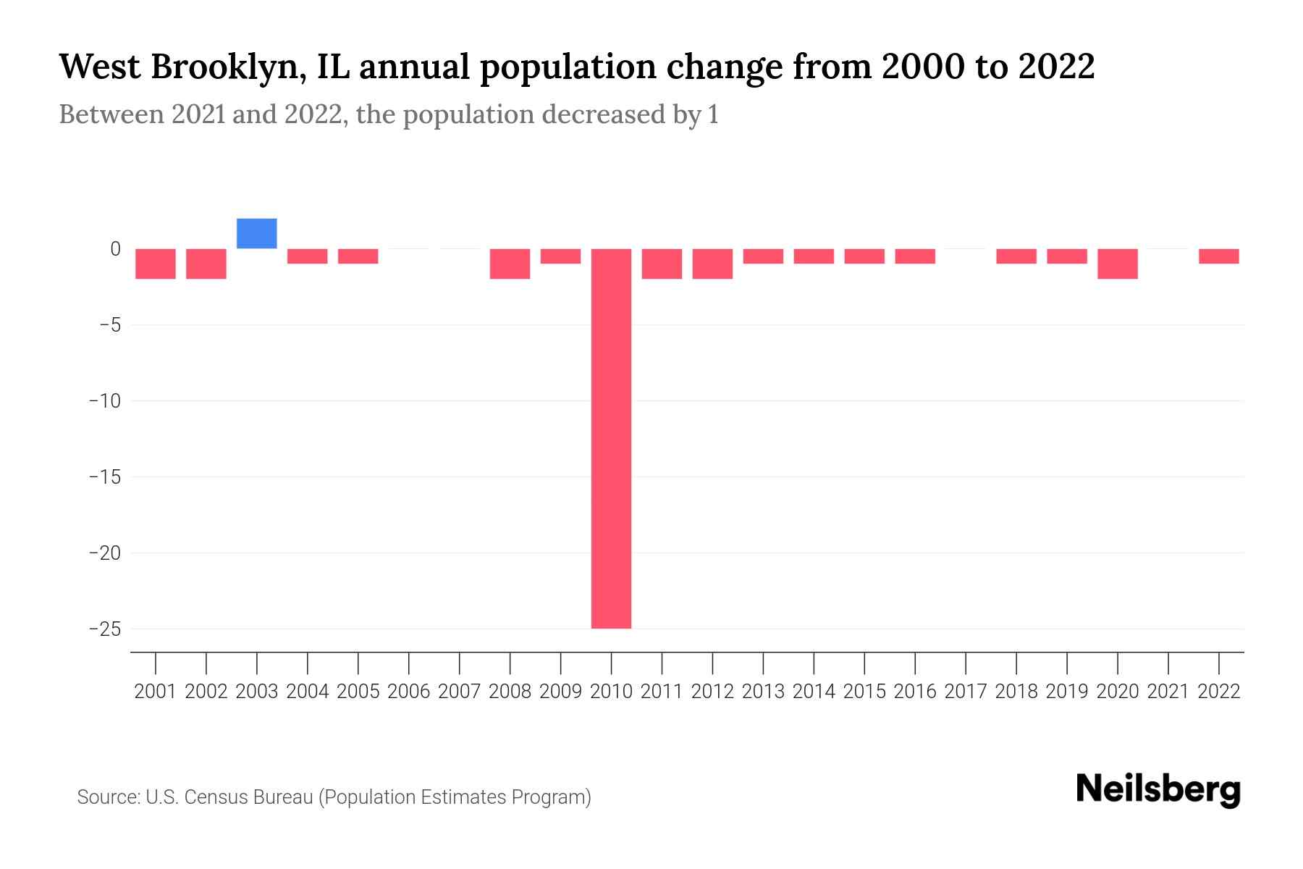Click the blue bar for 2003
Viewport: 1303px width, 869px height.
[x=257, y=233]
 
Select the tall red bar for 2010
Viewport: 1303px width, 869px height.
[x=611, y=438]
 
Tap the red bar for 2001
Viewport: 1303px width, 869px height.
[x=156, y=264]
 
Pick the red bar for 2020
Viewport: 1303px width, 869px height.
[x=1118, y=264]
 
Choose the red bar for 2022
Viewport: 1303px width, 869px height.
[x=1219, y=256]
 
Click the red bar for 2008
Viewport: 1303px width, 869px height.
[x=510, y=264]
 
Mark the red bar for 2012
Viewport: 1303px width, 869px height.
[x=712, y=264]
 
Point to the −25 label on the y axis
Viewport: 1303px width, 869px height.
[x=104, y=629]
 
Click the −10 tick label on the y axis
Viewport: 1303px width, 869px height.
[x=104, y=400]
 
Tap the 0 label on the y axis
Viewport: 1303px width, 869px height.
[x=115, y=249]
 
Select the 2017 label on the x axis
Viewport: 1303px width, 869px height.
[x=966, y=692]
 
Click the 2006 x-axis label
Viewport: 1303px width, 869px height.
[x=409, y=692]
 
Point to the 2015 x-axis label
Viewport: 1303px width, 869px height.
[x=864, y=692]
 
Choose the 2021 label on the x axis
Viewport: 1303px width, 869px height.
[x=1168, y=692]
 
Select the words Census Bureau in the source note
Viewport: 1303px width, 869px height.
[x=248, y=797]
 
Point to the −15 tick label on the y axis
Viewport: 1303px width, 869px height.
[x=104, y=477]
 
